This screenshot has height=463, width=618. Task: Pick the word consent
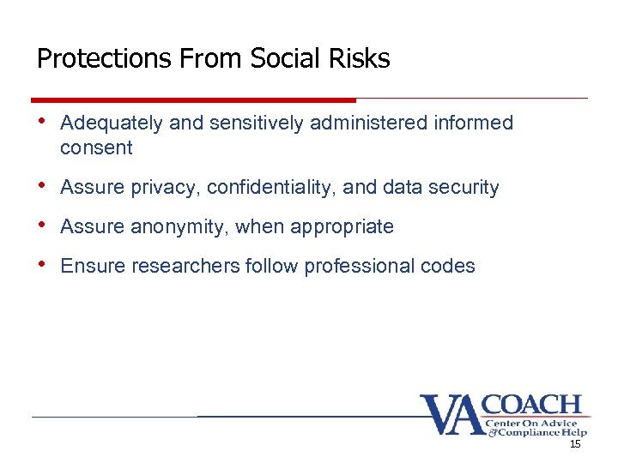[x=96, y=148]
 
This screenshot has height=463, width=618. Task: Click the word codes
[x=449, y=266]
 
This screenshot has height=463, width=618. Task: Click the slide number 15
[x=575, y=446]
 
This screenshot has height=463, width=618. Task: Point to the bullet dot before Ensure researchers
[x=44, y=263]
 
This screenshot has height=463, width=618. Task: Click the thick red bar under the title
[x=193, y=99]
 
